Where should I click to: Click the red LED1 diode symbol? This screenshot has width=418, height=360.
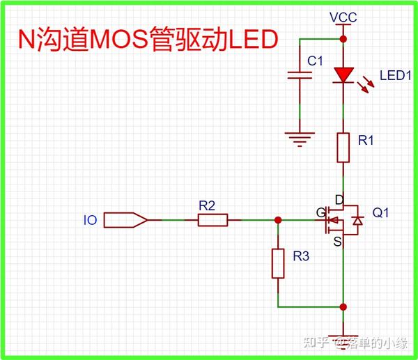343,74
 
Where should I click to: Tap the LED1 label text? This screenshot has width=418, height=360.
394,75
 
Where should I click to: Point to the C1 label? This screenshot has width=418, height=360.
316,61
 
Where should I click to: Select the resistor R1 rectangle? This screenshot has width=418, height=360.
343,147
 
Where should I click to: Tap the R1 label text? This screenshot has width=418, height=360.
366,141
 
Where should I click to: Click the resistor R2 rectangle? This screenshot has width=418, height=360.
212,220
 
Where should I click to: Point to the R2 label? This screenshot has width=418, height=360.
207,205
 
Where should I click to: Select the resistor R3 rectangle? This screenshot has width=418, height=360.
278,263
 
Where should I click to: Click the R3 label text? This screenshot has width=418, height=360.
301,257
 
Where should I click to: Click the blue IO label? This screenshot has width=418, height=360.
90,221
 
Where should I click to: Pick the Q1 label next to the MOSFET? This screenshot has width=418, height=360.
382,212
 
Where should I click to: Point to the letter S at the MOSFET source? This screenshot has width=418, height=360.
337,242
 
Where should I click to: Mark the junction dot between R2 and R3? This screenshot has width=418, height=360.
278,220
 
